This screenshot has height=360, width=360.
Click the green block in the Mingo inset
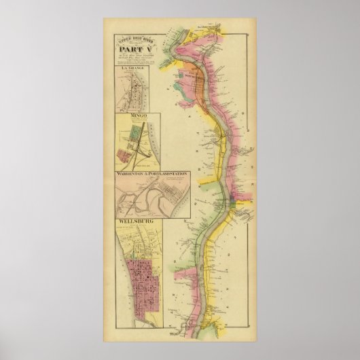coord(134,143)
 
